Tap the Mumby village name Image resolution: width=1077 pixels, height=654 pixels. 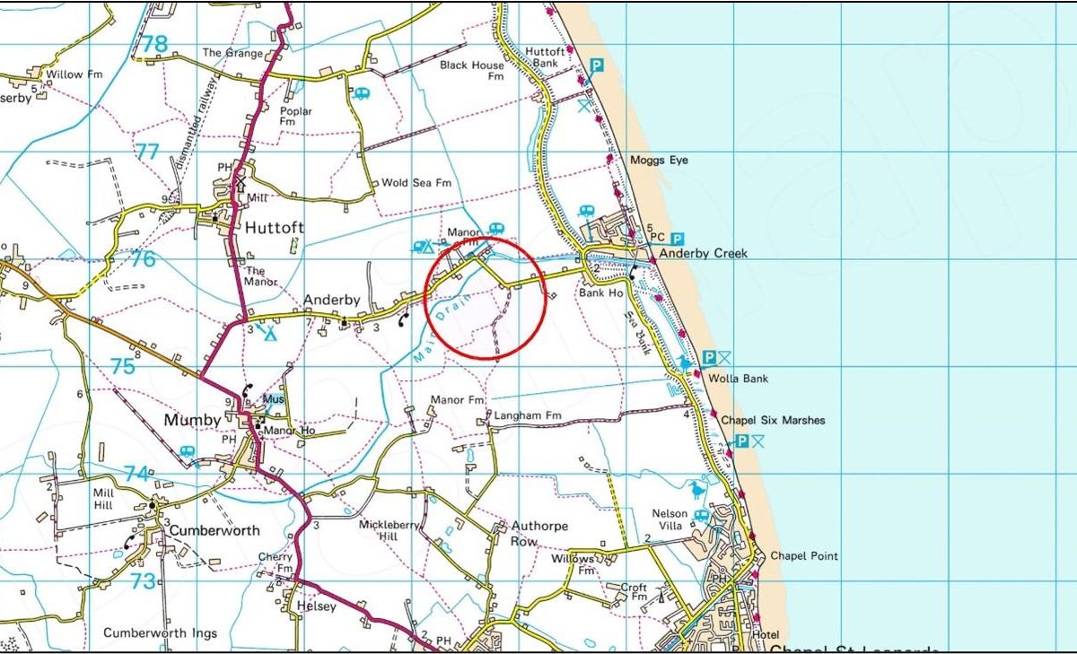[x=192, y=420]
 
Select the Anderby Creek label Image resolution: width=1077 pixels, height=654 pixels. [x=704, y=254]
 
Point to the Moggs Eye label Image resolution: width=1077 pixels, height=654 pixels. [x=659, y=160]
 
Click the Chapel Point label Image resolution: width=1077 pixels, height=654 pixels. [x=804, y=556]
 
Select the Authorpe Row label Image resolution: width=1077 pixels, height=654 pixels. [x=538, y=533]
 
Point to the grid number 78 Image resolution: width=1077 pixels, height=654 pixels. [x=153, y=43]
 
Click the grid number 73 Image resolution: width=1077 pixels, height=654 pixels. [x=143, y=581]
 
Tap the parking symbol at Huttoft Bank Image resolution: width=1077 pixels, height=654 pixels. [x=596, y=65]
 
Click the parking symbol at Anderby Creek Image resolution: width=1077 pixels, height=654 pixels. [x=677, y=239]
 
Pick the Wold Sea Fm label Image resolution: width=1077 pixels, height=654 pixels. [x=416, y=183]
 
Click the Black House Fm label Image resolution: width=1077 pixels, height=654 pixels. [x=472, y=71]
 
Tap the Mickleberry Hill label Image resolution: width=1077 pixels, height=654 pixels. [x=389, y=530]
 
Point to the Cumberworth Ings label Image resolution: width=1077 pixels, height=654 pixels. [x=160, y=633]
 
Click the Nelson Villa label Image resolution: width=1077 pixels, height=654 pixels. [x=670, y=519]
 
